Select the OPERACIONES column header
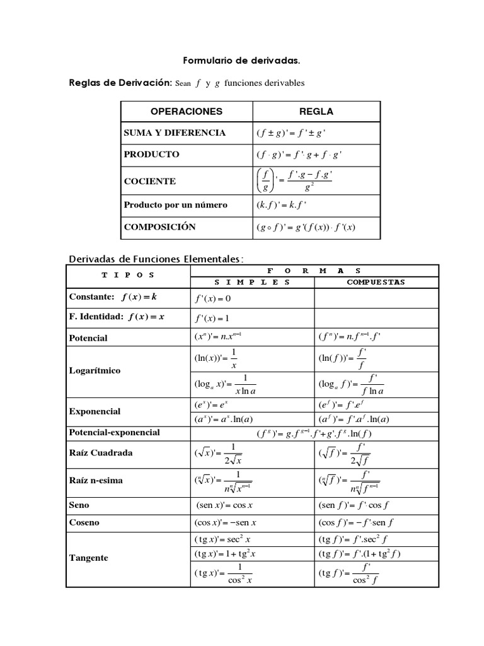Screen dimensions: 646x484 point(187,112)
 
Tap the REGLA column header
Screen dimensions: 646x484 point(316,112)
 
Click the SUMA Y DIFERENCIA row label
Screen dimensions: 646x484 point(175,133)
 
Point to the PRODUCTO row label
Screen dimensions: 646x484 point(152,154)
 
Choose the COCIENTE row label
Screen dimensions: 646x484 point(150,182)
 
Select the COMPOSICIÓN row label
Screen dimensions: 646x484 point(160,227)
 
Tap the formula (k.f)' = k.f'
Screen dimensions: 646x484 point(281,205)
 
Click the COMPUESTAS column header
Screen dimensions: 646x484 point(376,282)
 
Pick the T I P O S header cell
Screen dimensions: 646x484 point(128,275)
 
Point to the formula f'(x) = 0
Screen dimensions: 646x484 point(213,298)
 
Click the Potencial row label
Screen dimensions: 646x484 point(88,338)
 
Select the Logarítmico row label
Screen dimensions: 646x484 point(95,371)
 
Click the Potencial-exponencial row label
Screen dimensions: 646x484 point(114,433)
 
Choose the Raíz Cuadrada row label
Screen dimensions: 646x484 point(100,453)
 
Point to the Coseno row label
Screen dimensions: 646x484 point(84,523)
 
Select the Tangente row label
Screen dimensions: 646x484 point(88,558)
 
